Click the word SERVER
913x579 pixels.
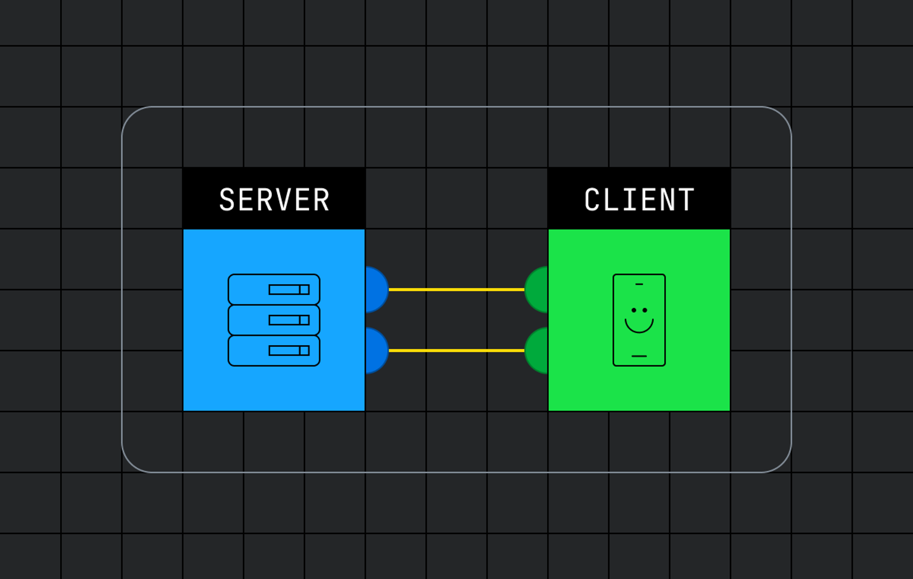pos(274,200)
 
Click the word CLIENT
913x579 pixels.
pos(639,200)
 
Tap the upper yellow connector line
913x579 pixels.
pos(456,290)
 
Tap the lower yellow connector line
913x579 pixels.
pos(456,350)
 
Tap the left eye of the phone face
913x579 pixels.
pos(634,310)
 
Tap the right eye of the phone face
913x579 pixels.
pos(645,310)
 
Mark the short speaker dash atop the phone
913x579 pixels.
pos(639,284)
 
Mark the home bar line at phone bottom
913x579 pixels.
pos(639,356)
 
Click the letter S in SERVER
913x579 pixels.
pos(227,200)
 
